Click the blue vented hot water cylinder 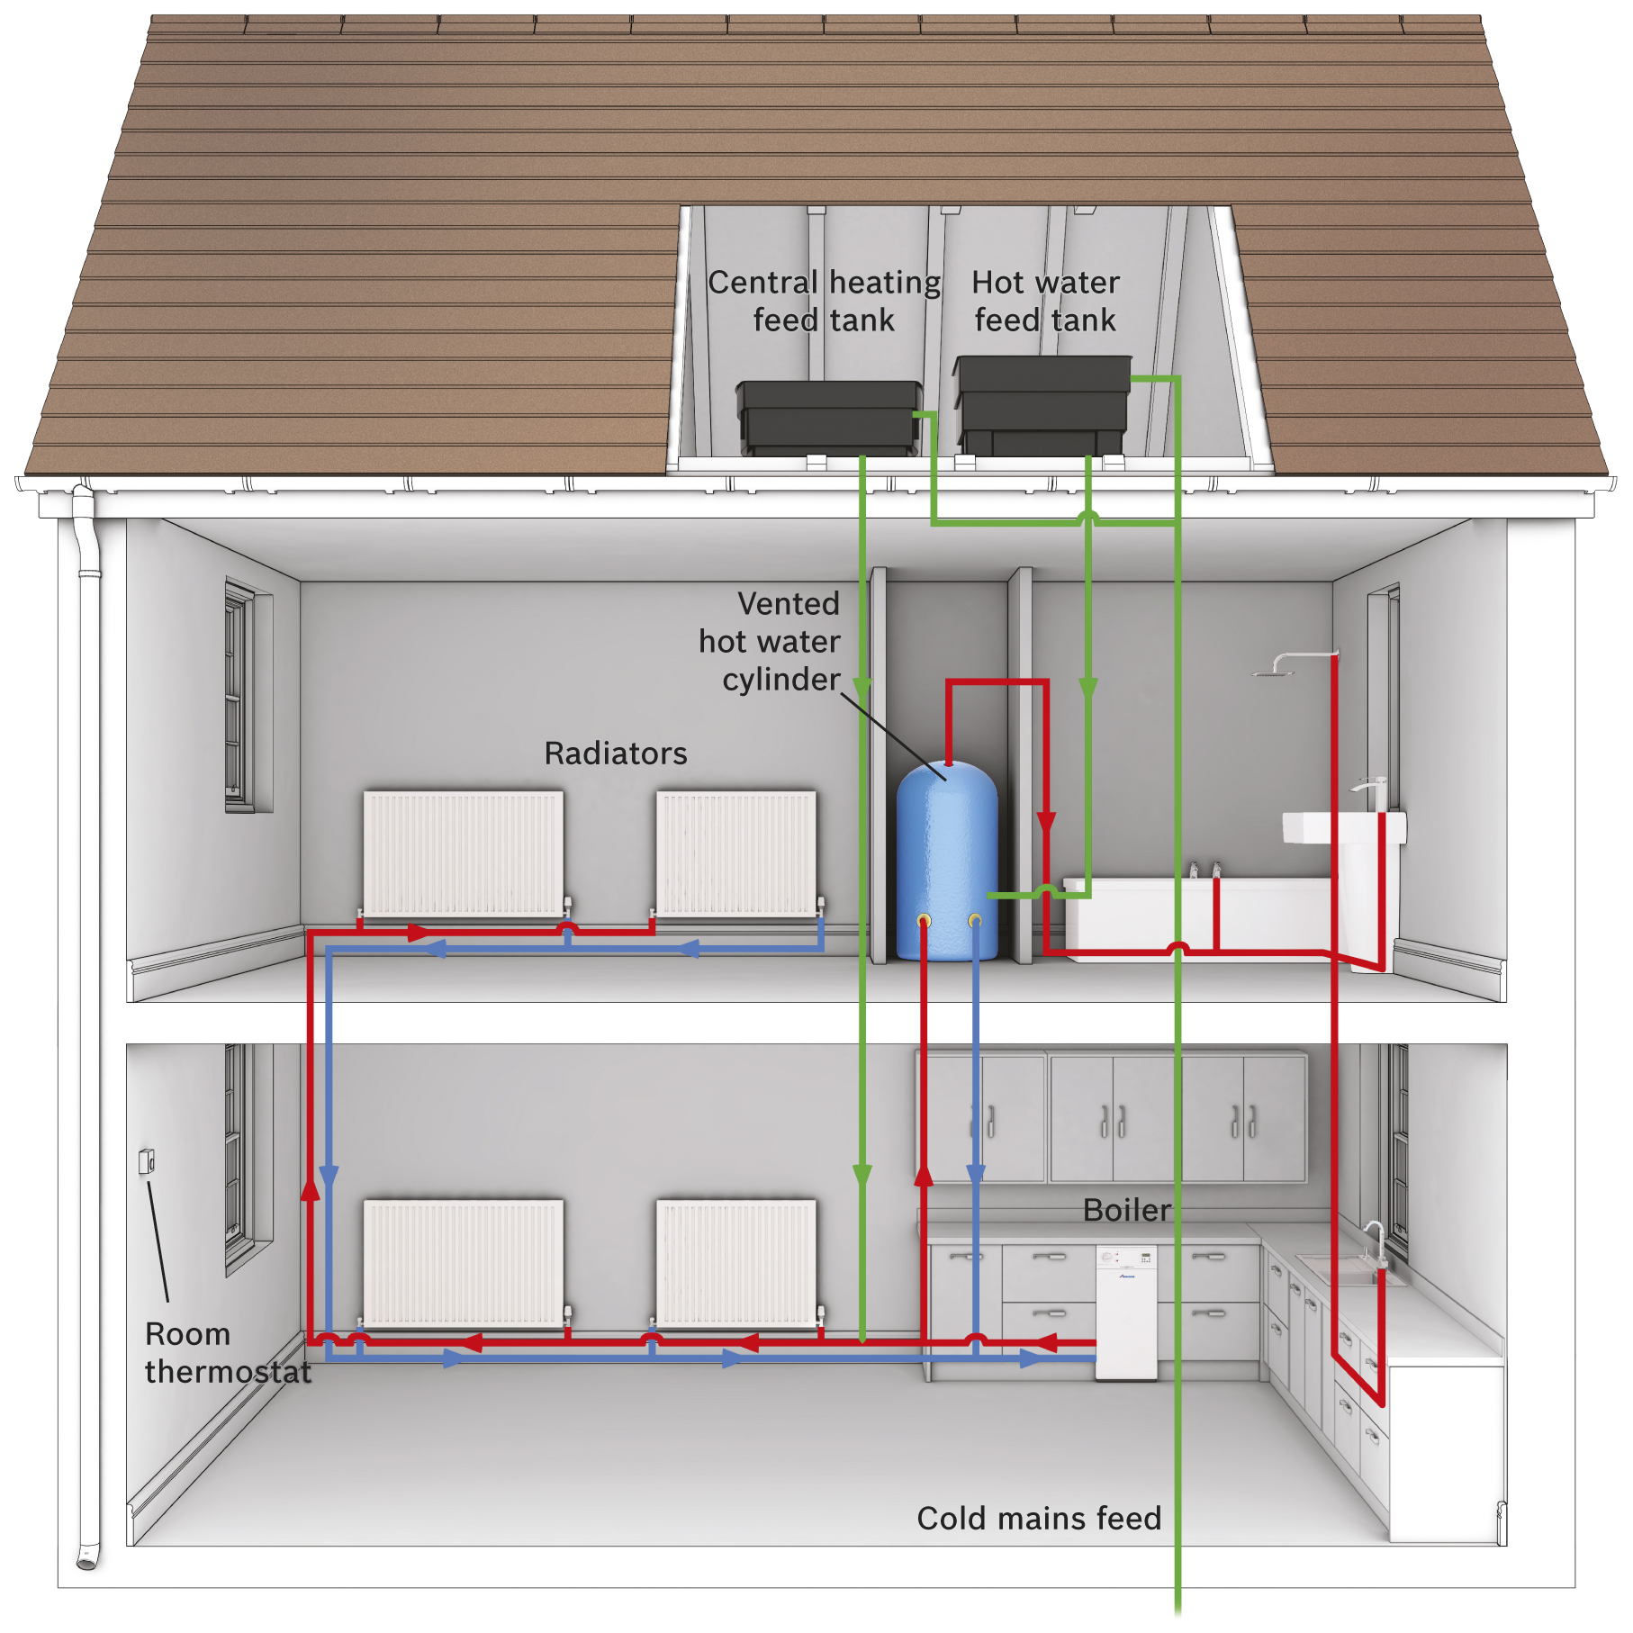(947, 861)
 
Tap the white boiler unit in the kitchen (1126, 1312)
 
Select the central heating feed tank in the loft (829, 418)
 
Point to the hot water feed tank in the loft (1042, 405)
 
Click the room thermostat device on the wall (147, 1161)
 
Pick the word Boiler (1127, 1210)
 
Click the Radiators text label (616, 753)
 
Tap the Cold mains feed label (1039, 1519)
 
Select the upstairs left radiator (464, 853)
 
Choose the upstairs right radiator (736, 853)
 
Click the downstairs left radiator (464, 1262)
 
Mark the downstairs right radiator (736, 1262)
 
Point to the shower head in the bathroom (1272, 671)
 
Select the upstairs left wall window (239, 697)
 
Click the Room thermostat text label (228, 1352)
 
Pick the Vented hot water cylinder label (770, 641)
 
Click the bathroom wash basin (1344, 827)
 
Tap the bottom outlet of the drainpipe (86, 1560)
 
